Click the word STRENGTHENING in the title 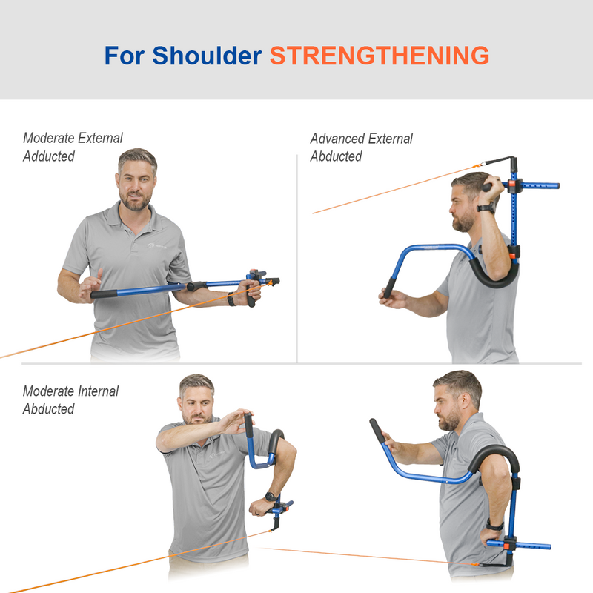pyautogui.click(x=379, y=56)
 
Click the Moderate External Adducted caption pyautogui.click(x=72, y=147)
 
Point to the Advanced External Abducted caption pyautogui.click(x=361, y=147)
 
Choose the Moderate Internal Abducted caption pyautogui.click(x=70, y=400)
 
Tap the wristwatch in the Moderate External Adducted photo pyautogui.click(x=232, y=299)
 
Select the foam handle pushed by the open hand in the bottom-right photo pyautogui.click(x=378, y=431)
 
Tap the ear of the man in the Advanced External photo pyautogui.click(x=475, y=201)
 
